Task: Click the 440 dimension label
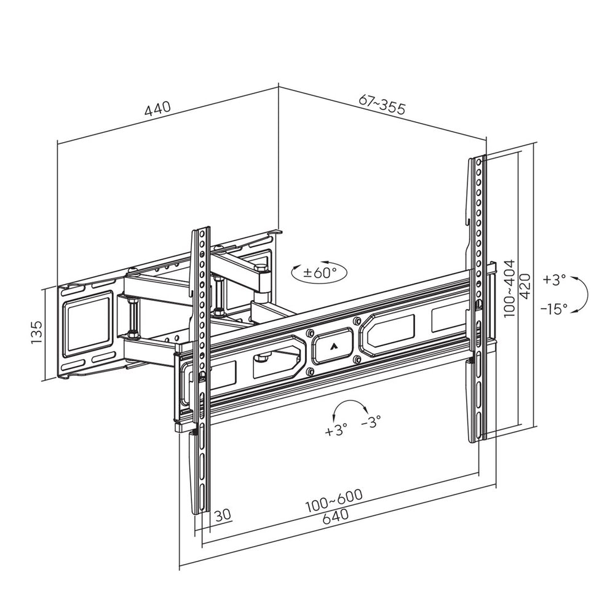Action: pyautogui.click(x=157, y=109)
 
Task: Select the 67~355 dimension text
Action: pyautogui.click(x=382, y=106)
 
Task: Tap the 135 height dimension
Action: pyautogui.click(x=38, y=333)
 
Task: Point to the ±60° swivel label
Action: pyautogui.click(x=320, y=272)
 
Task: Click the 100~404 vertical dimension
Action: pyautogui.click(x=509, y=288)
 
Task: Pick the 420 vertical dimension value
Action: pyautogui.click(x=525, y=286)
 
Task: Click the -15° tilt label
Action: pyautogui.click(x=554, y=309)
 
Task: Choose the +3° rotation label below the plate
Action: pyautogui.click(x=336, y=429)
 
